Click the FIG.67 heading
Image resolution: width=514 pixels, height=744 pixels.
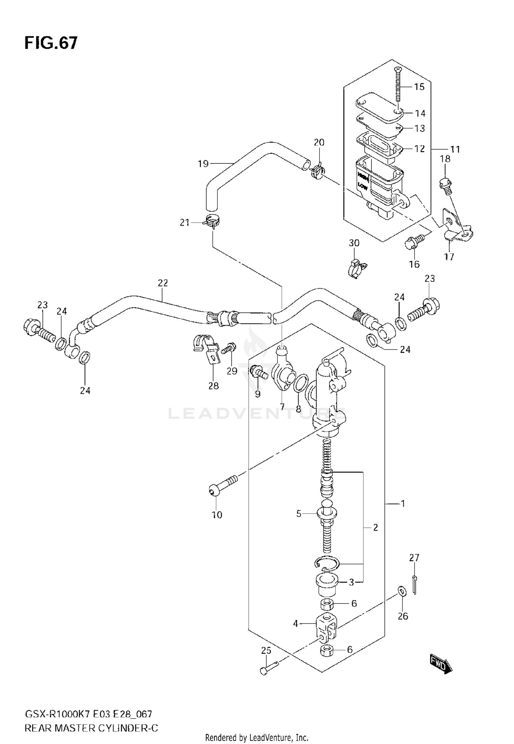click(x=51, y=44)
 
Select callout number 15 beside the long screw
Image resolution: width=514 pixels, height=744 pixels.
click(x=419, y=87)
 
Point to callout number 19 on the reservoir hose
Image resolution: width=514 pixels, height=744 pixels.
click(x=203, y=164)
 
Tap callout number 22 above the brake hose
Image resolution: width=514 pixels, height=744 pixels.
click(x=163, y=283)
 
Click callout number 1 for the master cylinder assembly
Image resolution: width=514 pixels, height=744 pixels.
click(x=403, y=504)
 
